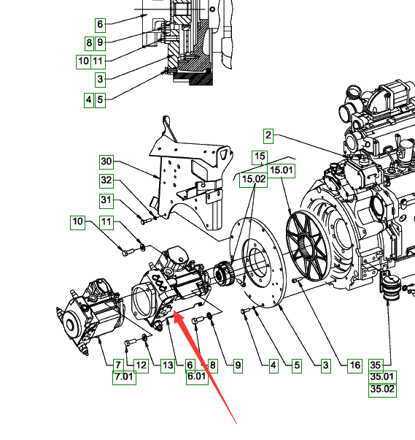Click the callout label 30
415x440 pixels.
(x=106, y=162)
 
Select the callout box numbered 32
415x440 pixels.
(x=106, y=181)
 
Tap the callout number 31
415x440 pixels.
(x=106, y=201)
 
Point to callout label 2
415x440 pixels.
(x=268, y=136)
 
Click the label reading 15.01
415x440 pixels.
(x=281, y=170)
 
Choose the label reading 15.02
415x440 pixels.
(x=253, y=180)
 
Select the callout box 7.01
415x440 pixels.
(x=124, y=377)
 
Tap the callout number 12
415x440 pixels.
(x=141, y=365)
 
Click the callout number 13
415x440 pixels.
(x=168, y=365)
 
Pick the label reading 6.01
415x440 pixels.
(x=197, y=377)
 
